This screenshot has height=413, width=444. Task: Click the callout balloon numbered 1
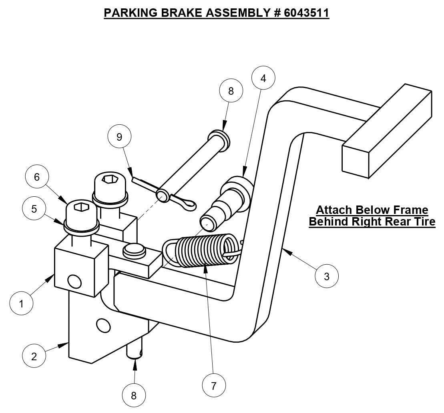click(21, 304)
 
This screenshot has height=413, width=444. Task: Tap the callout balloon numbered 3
click(326, 276)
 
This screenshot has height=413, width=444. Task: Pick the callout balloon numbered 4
click(263, 78)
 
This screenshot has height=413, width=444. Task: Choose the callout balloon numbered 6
click(37, 177)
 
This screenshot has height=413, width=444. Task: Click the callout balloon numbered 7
click(213, 386)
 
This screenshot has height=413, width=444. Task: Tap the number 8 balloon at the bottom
click(134, 395)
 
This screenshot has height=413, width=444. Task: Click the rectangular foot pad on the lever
click(386, 132)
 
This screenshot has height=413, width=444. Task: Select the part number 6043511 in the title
click(306, 13)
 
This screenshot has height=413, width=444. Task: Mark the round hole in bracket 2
click(103, 325)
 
